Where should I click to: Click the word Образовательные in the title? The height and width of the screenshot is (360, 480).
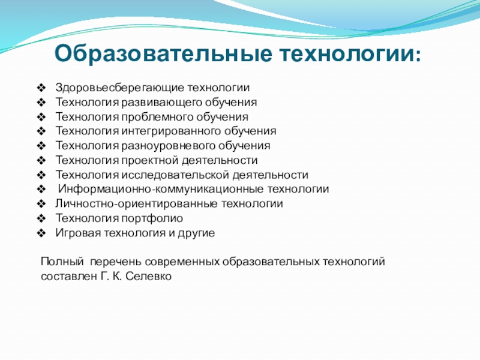click(163, 53)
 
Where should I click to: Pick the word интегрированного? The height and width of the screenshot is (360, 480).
click(171, 131)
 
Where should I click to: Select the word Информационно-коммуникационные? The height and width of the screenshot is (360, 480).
click(161, 189)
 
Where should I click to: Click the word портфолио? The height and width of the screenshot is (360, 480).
click(152, 218)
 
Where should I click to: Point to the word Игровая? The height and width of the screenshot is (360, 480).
click(78, 233)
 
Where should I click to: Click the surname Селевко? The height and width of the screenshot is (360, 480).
click(148, 277)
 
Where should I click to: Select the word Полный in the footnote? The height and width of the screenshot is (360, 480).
click(62, 262)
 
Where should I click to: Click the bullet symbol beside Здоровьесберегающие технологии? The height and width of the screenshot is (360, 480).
click(41, 88)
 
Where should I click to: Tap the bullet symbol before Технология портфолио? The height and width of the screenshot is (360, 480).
click(41, 218)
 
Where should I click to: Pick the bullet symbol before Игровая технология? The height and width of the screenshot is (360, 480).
click(41, 233)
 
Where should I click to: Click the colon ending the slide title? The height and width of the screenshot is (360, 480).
click(418, 56)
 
